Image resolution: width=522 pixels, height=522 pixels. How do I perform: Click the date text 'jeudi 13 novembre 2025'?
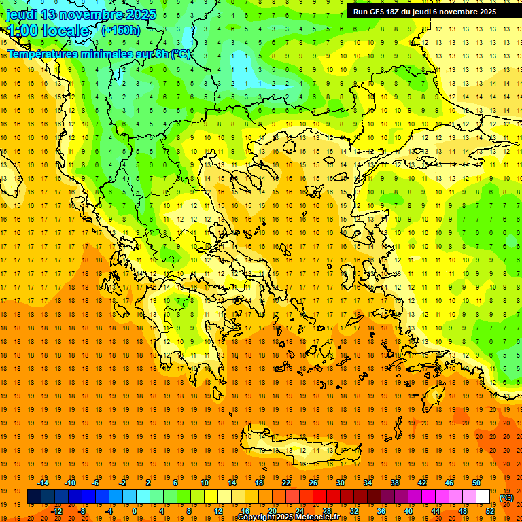click(x=82, y=14)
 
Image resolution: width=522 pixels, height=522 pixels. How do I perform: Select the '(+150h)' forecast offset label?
click(x=121, y=30)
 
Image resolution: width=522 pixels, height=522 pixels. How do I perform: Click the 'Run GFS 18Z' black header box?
click(x=424, y=11)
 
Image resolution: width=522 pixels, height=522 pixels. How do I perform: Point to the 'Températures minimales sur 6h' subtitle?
click(x=99, y=54)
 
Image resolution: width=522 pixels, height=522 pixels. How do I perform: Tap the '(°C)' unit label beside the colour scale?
click(x=506, y=498)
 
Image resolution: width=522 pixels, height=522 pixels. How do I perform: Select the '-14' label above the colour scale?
click(x=43, y=483)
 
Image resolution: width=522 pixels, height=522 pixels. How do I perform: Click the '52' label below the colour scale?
click(x=490, y=511)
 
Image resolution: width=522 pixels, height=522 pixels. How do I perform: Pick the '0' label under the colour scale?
click(x=135, y=511)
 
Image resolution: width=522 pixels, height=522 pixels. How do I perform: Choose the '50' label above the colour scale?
click(x=476, y=483)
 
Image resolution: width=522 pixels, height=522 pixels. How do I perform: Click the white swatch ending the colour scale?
click(x=483, y=497)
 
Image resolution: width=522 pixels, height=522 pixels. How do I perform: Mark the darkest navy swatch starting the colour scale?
click(x=34, y=497)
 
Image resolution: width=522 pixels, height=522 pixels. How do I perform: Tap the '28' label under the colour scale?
click(x=326, y=511)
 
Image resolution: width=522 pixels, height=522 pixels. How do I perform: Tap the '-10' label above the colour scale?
click(x=70, y=483)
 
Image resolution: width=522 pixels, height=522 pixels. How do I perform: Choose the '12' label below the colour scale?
click(x=217, y=511)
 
